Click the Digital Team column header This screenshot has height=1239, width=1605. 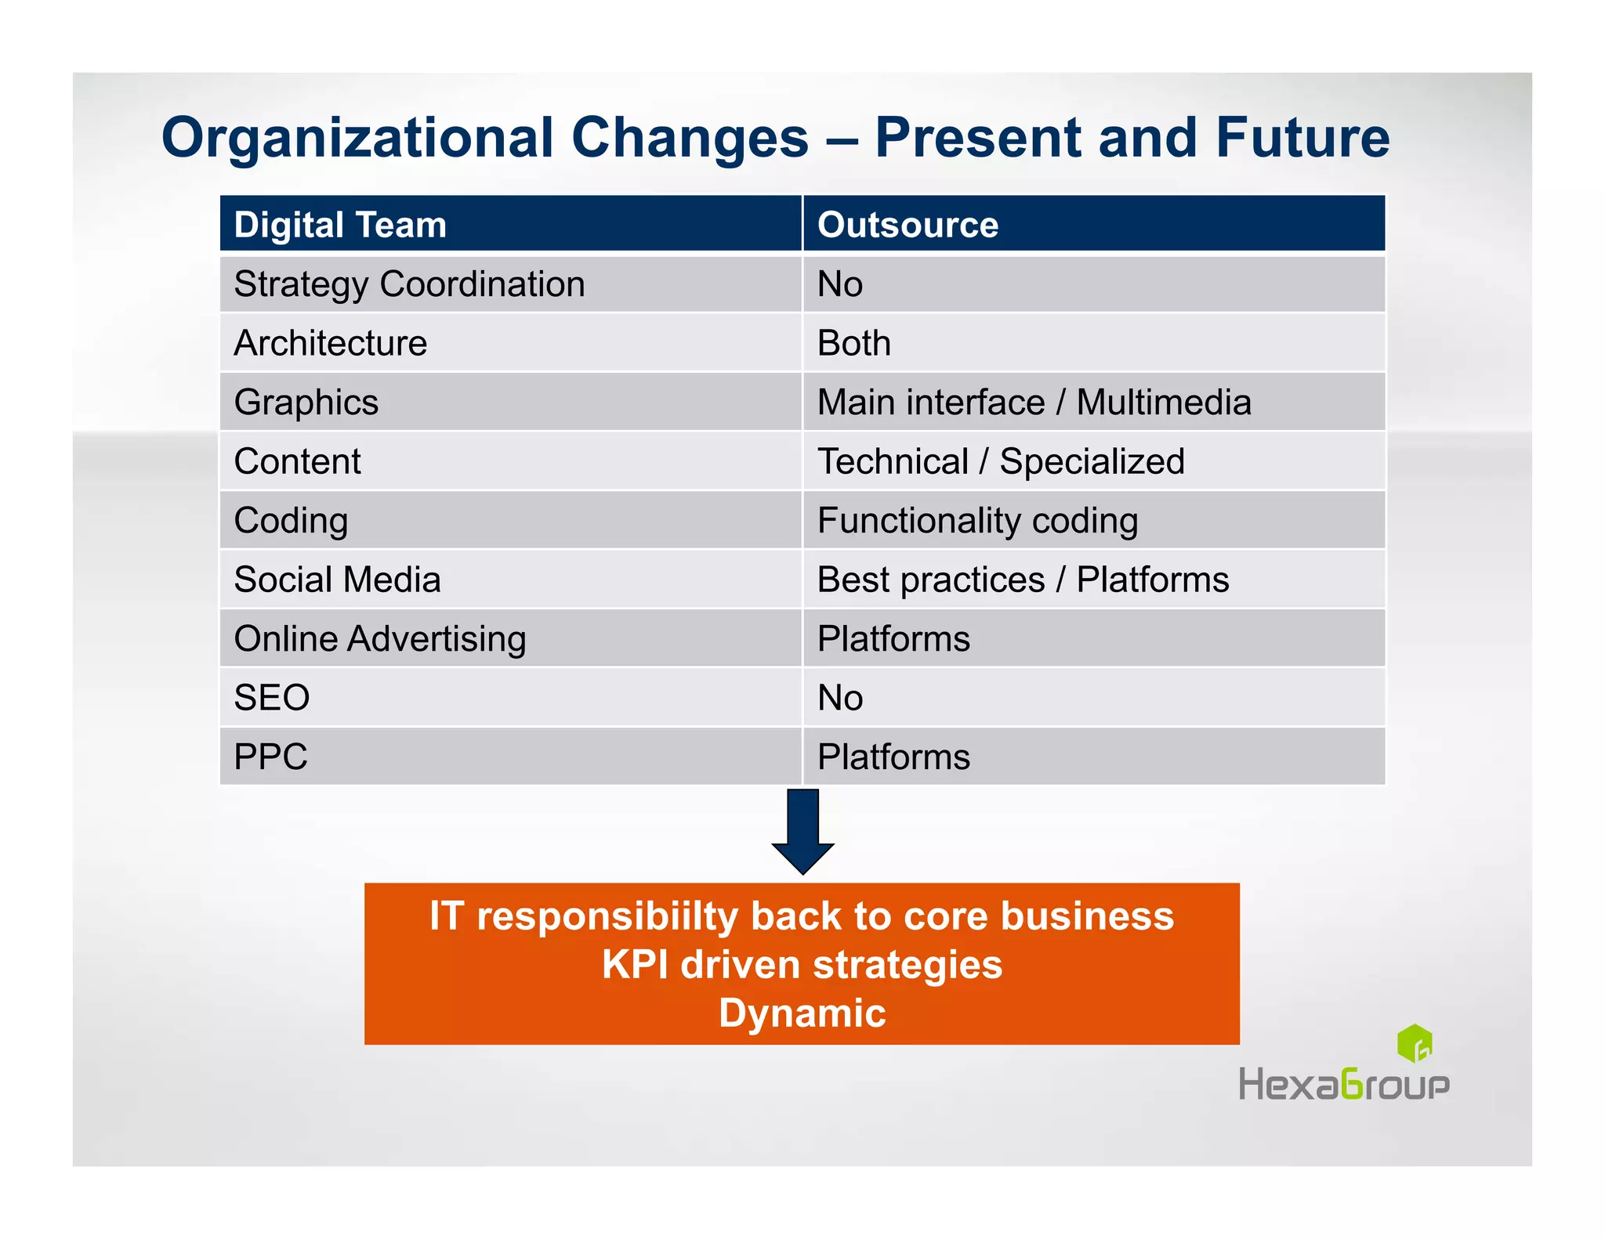click(340, 225)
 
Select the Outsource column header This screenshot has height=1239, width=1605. click(908, 225)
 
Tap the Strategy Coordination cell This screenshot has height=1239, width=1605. click(409, 284)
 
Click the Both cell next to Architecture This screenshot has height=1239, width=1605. click(853, 344)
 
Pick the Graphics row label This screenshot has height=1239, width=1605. click(306, 403)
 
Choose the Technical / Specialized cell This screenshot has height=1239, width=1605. click(1000, 461)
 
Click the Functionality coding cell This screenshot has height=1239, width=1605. click(977, 521)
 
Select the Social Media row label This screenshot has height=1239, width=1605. click(337, 580)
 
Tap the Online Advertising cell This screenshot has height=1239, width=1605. click(380, 639)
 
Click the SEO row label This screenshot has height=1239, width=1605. click(272, 698)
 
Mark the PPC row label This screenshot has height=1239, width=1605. click(270, 757)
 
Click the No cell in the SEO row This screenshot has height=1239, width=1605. click(839, 698)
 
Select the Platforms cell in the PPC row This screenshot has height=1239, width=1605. click(893, 757)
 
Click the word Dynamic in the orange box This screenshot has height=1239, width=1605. click(802, 1013)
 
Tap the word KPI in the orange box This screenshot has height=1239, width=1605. click(635, 965)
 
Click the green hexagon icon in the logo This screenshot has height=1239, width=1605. click(1415, 1043)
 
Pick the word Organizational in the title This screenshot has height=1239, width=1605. click(357, 138)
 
